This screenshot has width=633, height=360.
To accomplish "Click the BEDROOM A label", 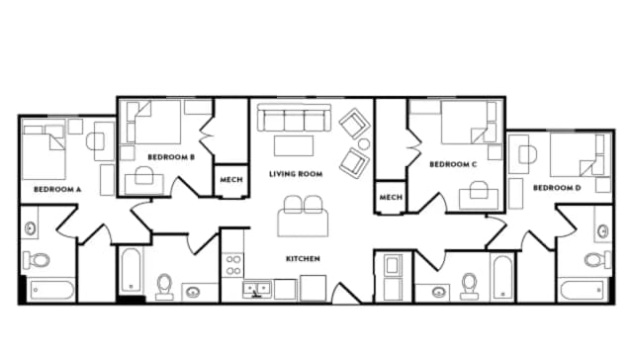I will coord(57,188).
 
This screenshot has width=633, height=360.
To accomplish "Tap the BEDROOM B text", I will coord(170,156).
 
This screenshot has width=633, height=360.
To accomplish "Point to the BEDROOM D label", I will coord(557,188).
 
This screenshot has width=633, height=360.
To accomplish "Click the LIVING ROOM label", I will coord(296,174).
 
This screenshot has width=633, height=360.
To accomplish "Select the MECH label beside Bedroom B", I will coord(230,180).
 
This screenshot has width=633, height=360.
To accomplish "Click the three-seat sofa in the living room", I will coord(293,120).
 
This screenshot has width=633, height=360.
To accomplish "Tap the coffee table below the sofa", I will coord(293,146).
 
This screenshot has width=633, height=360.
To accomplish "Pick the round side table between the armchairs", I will coord(363,143).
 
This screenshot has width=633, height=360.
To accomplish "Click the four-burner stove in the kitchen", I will coord(233,264).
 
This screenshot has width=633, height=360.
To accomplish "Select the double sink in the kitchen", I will coord(258,290).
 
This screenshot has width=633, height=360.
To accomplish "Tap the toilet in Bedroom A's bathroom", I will coord(39,261).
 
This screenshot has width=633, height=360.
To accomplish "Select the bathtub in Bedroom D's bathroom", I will coord(583,290).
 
